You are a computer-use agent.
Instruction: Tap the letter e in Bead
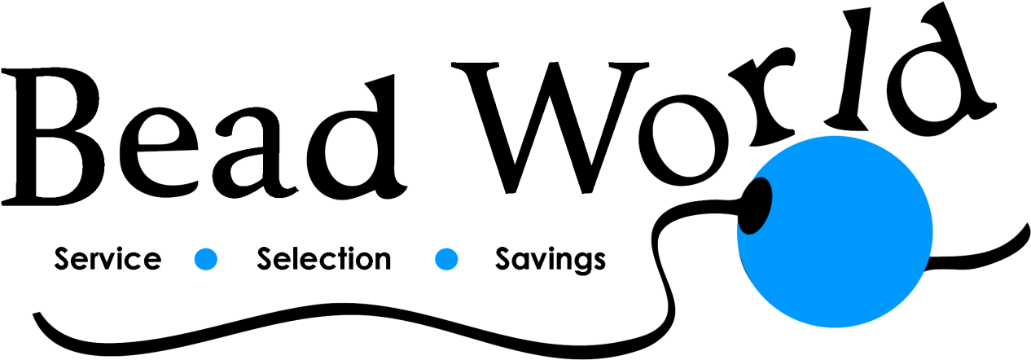tap(159, 156)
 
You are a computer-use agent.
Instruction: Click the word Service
tap(107, 259)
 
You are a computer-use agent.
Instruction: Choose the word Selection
tap(323, 259)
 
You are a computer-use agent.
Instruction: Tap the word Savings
tap(550, 261)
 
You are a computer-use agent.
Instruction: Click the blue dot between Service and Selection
tap(206, 259)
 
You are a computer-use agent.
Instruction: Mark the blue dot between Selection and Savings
tap(446, 259)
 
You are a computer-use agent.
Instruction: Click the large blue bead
tap(836, 231)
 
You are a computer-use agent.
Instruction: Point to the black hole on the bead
tap(755, 206)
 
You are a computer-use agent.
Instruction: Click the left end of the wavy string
tap(36, 315)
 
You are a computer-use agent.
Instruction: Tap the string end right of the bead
tap(1024, 226)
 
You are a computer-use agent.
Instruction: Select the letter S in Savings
tap(503, 259)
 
